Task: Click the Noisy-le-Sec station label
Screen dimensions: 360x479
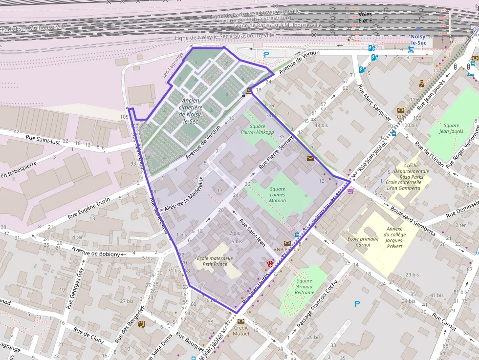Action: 418,40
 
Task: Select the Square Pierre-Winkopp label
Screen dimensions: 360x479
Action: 257,128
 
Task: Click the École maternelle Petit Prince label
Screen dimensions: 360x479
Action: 215,261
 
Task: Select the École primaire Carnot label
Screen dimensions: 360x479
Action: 363,242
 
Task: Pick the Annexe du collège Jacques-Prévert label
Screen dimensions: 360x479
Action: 394,237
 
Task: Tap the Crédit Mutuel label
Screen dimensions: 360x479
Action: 241,331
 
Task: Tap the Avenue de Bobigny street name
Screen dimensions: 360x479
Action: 95,252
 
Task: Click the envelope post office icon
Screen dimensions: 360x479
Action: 310,158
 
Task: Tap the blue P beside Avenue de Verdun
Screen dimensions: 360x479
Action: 266,55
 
